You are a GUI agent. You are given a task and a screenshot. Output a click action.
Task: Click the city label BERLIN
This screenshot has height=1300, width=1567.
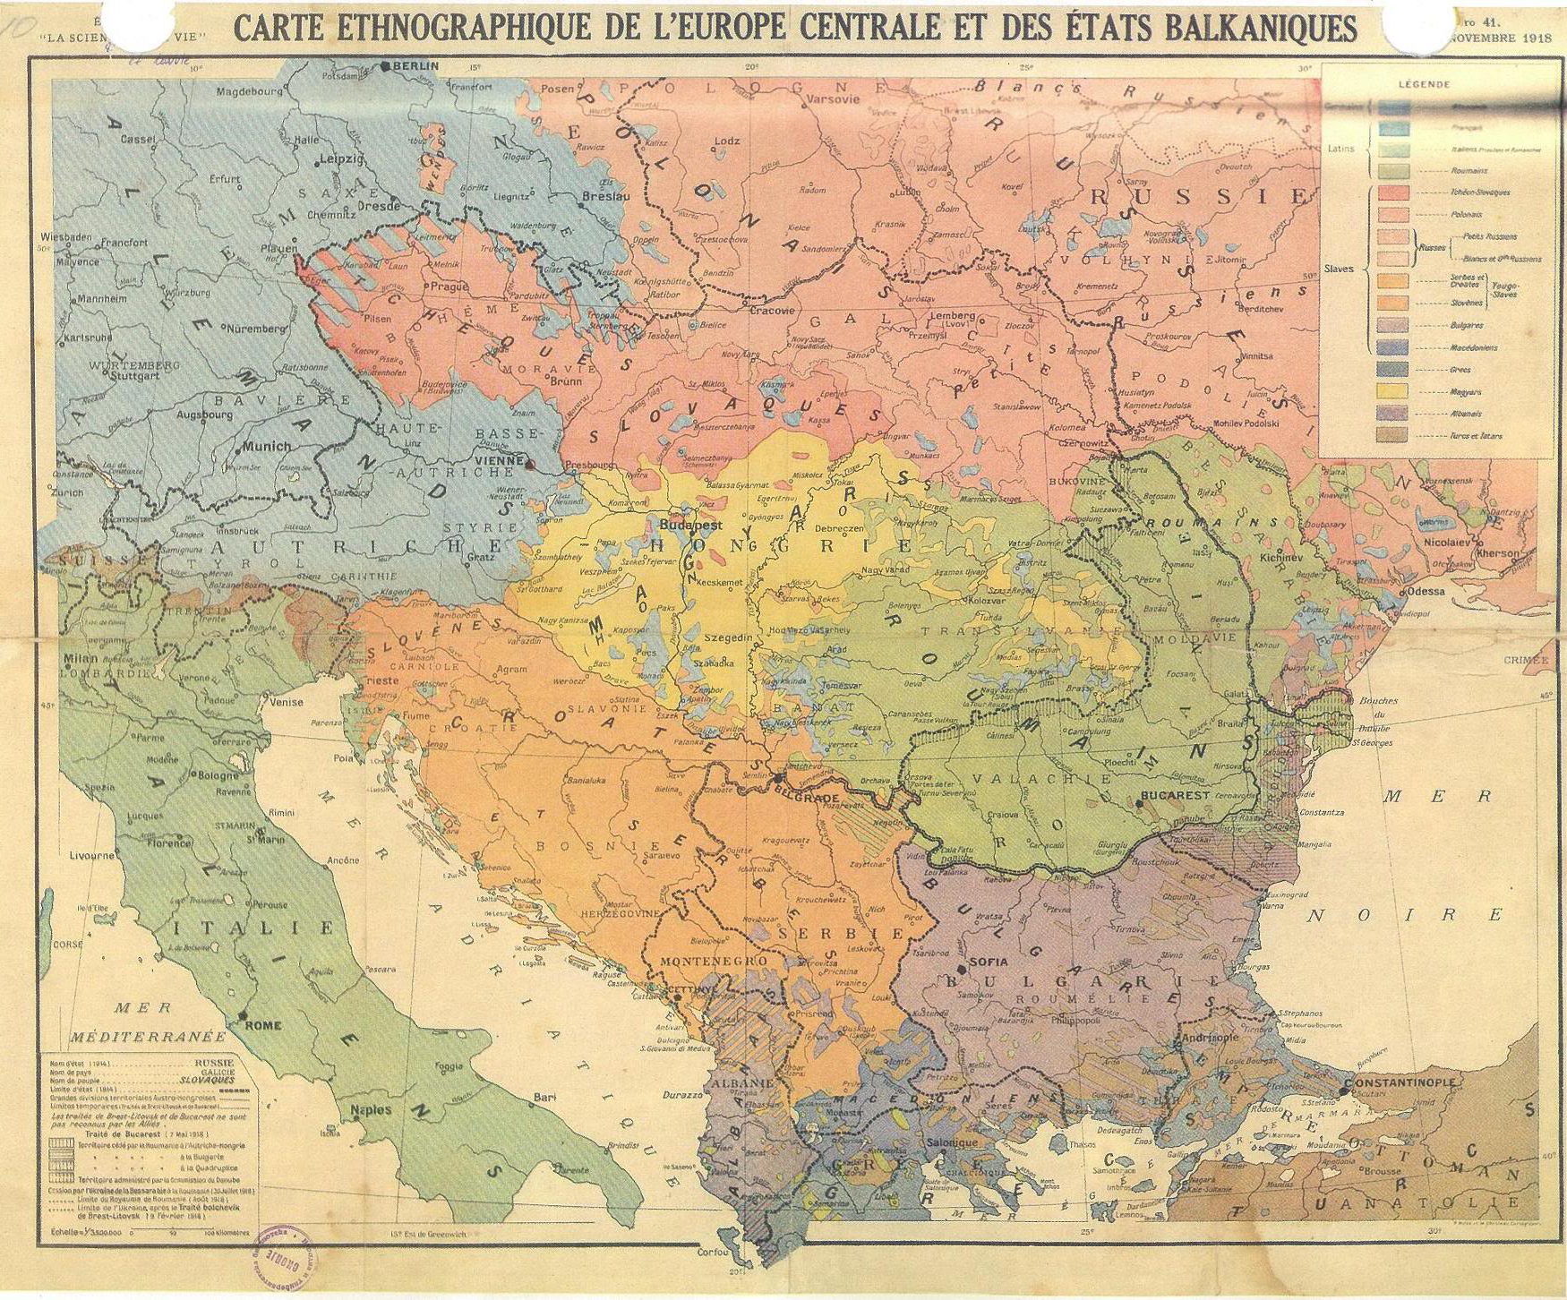click(416, 66)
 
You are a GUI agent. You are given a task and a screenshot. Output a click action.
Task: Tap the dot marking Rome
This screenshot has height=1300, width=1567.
click(243, 1015)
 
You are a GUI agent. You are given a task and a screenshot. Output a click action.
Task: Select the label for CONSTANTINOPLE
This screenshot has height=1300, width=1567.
click(1401, 1082)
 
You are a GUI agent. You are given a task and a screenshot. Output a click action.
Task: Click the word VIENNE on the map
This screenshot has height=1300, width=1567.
click(497, 459)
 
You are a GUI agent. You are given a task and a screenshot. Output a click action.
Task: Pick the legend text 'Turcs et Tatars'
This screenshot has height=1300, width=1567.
click(1476, 436)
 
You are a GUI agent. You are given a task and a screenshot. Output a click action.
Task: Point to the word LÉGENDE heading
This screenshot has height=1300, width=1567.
click(1424, 84)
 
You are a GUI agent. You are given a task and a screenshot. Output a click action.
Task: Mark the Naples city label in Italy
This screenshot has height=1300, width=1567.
click(371, 1109)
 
